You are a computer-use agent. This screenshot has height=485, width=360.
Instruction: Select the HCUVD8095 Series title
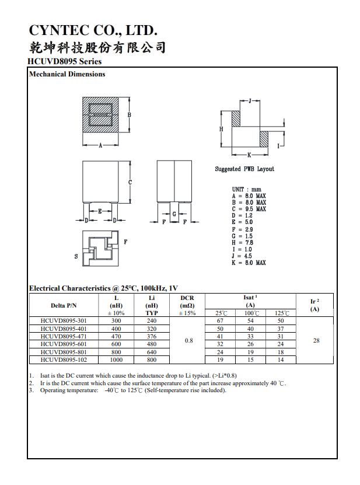tap(64, 61)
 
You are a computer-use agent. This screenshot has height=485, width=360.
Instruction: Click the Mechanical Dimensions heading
tap(67, 74)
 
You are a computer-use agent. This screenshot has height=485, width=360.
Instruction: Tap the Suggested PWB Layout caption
tap(244, 169)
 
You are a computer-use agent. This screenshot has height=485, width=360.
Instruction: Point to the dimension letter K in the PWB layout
tap(249, 155)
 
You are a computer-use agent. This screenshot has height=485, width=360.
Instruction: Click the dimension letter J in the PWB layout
tap(250, 101)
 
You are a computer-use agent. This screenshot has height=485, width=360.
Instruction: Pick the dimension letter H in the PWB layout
tap(221, 129)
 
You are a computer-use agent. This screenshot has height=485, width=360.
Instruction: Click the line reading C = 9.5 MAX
tap(249, 209)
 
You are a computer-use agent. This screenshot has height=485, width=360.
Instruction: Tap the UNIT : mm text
tap(247, 189)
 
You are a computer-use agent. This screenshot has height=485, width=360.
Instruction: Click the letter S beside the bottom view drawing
tap(76, 257)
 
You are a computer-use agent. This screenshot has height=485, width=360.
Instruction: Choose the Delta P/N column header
tap(64, 305)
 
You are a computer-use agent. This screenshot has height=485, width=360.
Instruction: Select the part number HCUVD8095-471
tap(63, 336)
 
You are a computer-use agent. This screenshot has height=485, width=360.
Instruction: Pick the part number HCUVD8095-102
tap(63, 360)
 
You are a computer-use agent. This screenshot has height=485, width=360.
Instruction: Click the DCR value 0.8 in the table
tap(188, 340)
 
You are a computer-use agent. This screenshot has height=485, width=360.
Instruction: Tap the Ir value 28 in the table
tap(316, 340)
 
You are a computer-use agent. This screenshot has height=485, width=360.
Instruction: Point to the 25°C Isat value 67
tap(221, 320)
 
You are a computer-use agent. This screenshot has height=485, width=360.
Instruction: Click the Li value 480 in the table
tap(152, 344)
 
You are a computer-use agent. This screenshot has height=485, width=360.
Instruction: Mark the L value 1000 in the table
tap(116, 360)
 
